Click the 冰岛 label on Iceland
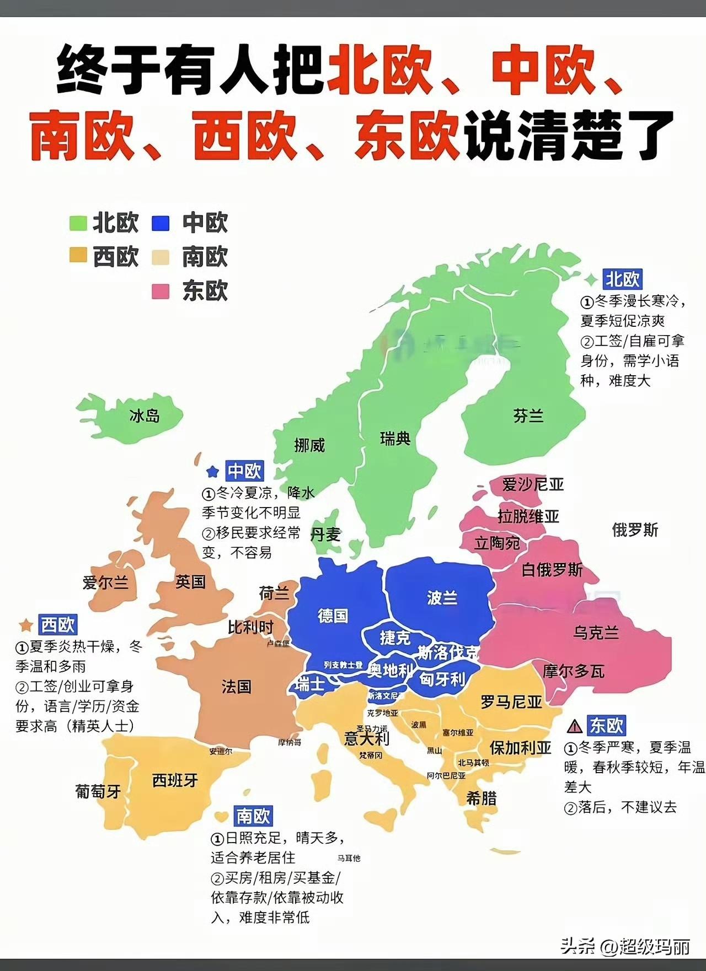[x=145, y=416]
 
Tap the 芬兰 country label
[x=528, y=416]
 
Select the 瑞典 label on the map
[x=395, y=439]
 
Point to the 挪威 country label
[x=309, y=445]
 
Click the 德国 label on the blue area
[x=333, y=616]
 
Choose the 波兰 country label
[x=442, y=598]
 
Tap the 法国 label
[x=237, y=687]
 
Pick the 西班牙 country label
[x=175, y=780]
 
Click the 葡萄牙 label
[x=98, y=792]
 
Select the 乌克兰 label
[x=596, y=633]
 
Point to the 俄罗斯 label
[x=635, y=530]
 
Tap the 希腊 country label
[x=481, y=797]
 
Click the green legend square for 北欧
[x=78, y=223]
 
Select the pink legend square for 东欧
[x=160, y=291]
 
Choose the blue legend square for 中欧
[x=160, y=223]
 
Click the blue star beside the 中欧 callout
[x=212, y=472]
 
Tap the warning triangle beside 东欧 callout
[x=575, y=726]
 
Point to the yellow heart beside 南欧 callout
[x=222, y=816]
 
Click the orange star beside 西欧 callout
[x=25, y=625]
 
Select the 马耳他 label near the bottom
[x=349, y=858]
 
